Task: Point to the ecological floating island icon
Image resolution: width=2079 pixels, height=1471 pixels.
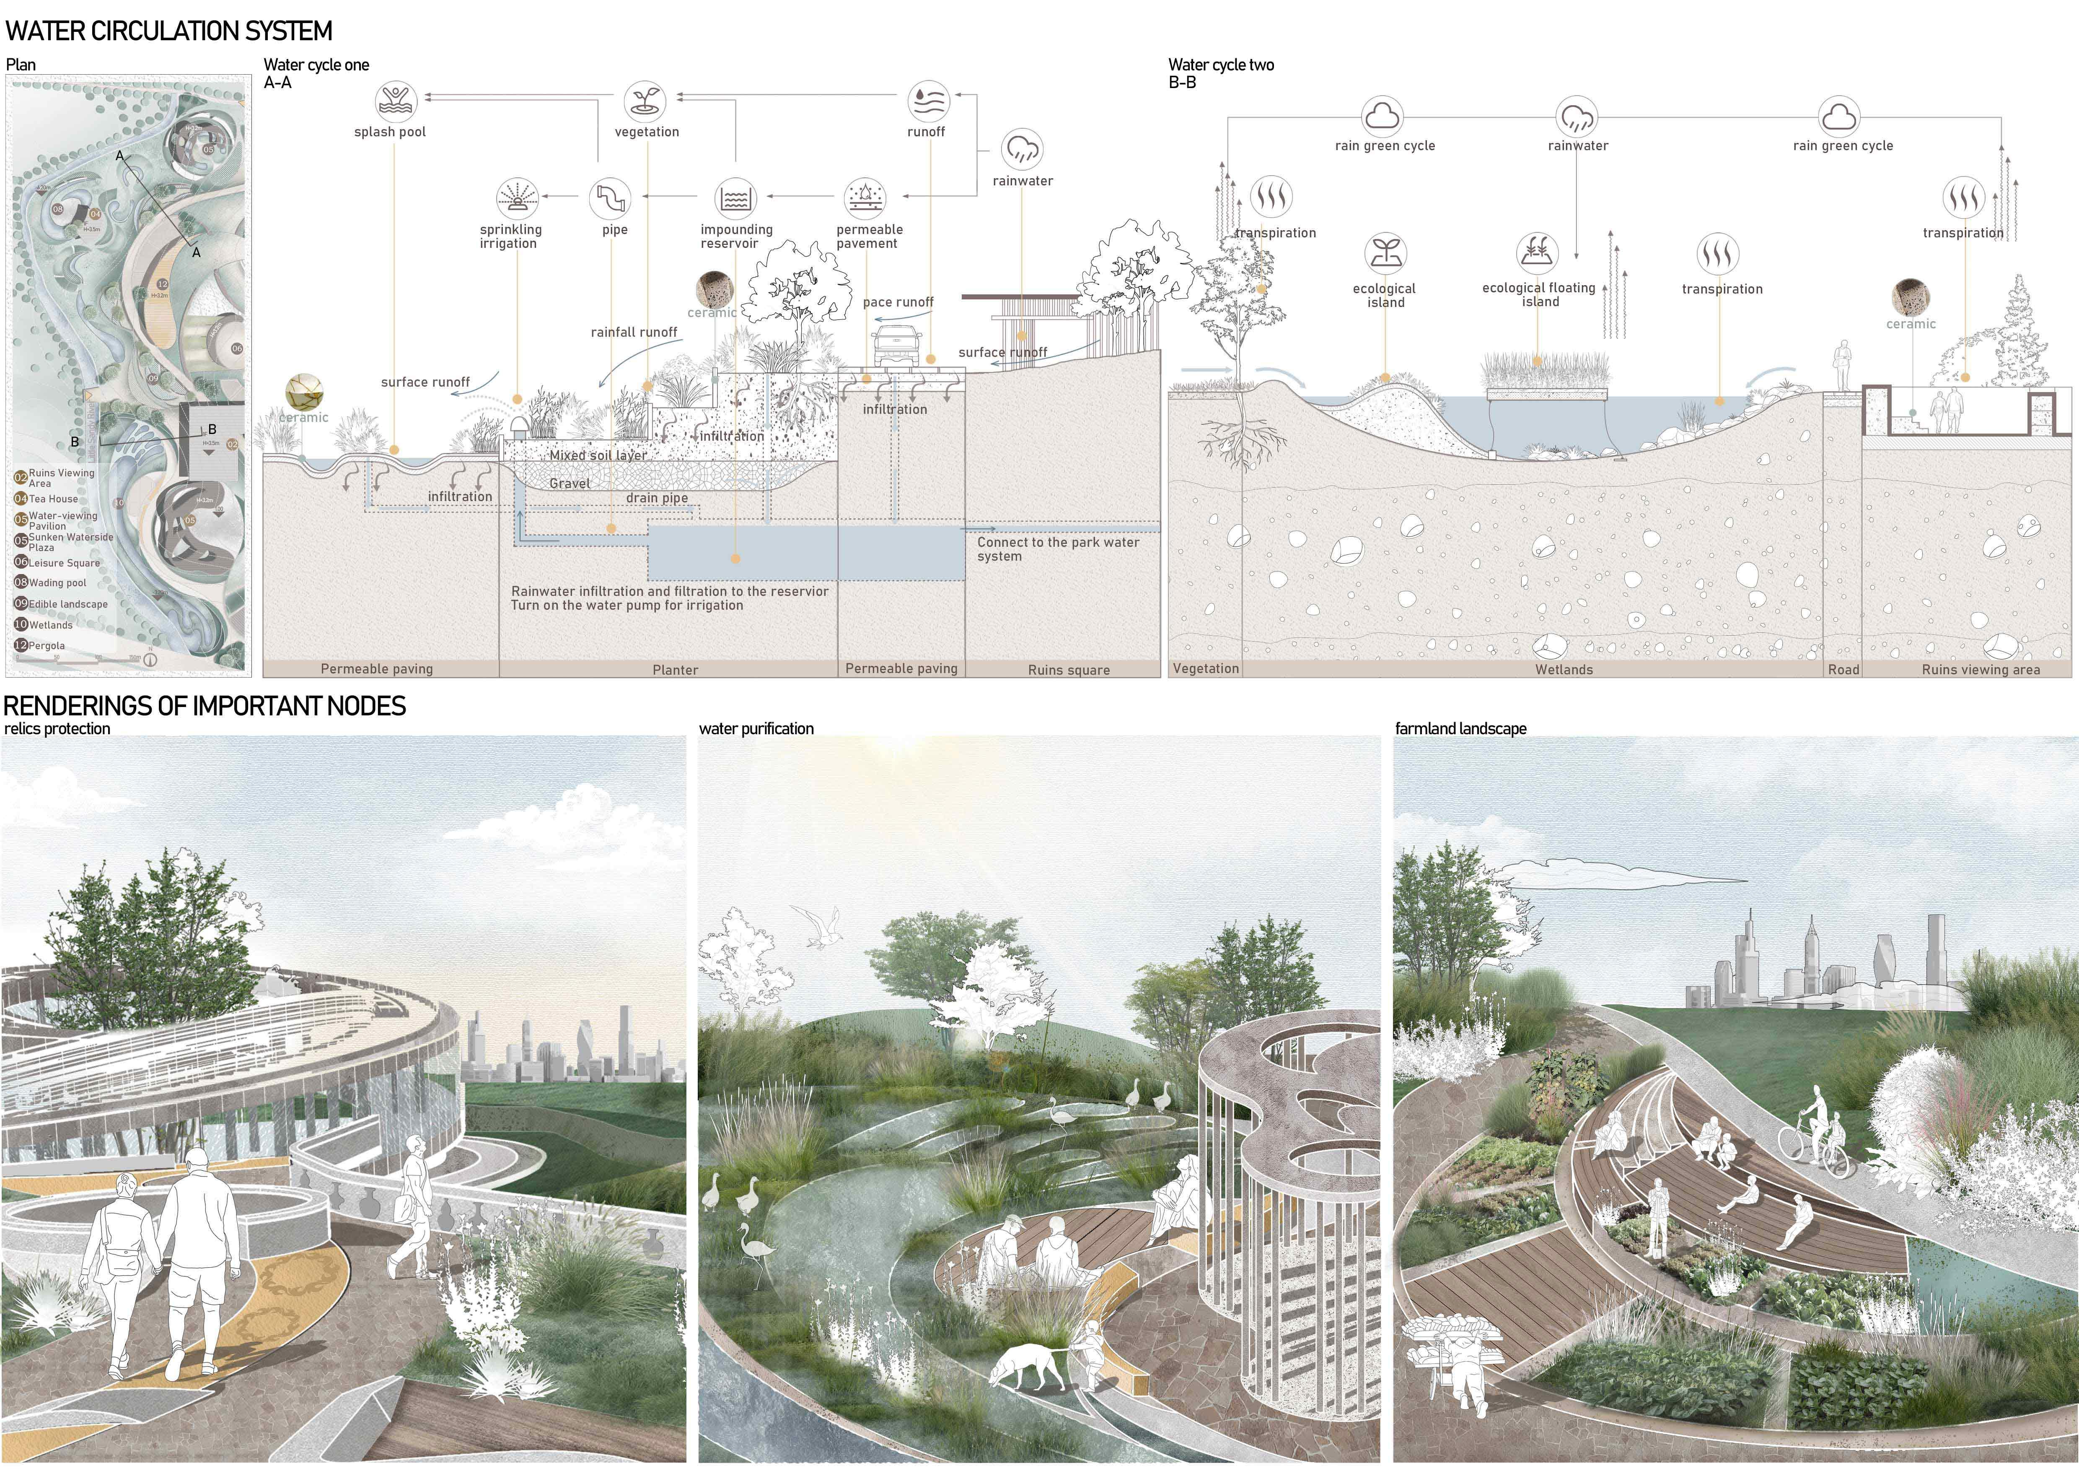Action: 1538,253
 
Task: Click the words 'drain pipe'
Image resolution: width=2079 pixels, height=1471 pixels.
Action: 657,498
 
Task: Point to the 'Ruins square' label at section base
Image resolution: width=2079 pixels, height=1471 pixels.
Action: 1069,670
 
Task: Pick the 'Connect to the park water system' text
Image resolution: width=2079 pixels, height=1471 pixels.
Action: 1058,549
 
